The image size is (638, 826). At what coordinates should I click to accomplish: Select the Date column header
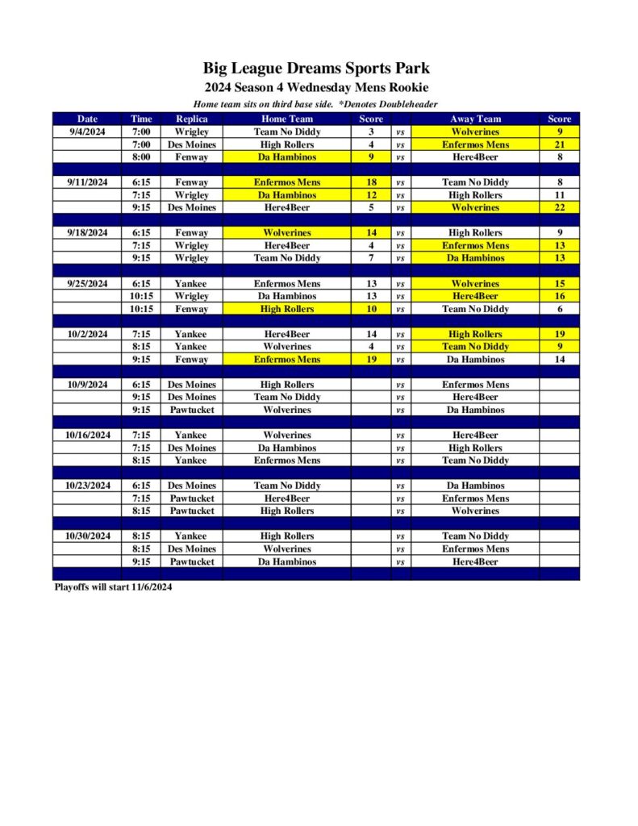click(87, 119)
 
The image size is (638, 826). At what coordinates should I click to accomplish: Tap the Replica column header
click(191, 119)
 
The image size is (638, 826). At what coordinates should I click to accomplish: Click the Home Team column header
click(287, 119)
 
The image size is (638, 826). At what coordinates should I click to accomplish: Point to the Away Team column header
click(475, 119)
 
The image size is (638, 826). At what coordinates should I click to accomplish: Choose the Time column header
click(141, 119)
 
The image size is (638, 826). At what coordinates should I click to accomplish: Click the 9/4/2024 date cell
click(87, 131)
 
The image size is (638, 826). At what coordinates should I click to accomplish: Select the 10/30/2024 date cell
click(87, 536)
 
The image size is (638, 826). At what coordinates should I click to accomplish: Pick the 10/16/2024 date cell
click(87, 435)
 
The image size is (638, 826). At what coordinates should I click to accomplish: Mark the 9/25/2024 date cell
click(87, 283)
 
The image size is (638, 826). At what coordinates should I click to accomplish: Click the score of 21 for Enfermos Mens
click(559, 144)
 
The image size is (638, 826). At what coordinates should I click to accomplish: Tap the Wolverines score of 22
click(559, 207)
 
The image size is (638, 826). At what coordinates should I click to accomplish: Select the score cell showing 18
click(370, 182)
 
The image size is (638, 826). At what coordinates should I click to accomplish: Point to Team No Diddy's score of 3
click(370, 131)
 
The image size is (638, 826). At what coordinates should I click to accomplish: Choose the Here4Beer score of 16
click(559, 296)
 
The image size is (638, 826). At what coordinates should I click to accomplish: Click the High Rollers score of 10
click(370, 309)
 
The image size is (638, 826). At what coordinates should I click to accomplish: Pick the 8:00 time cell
click(141, 157)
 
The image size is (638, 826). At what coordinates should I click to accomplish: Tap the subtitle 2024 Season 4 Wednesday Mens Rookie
click(316, 87)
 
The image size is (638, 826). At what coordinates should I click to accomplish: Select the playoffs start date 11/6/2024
click(152, 587)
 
